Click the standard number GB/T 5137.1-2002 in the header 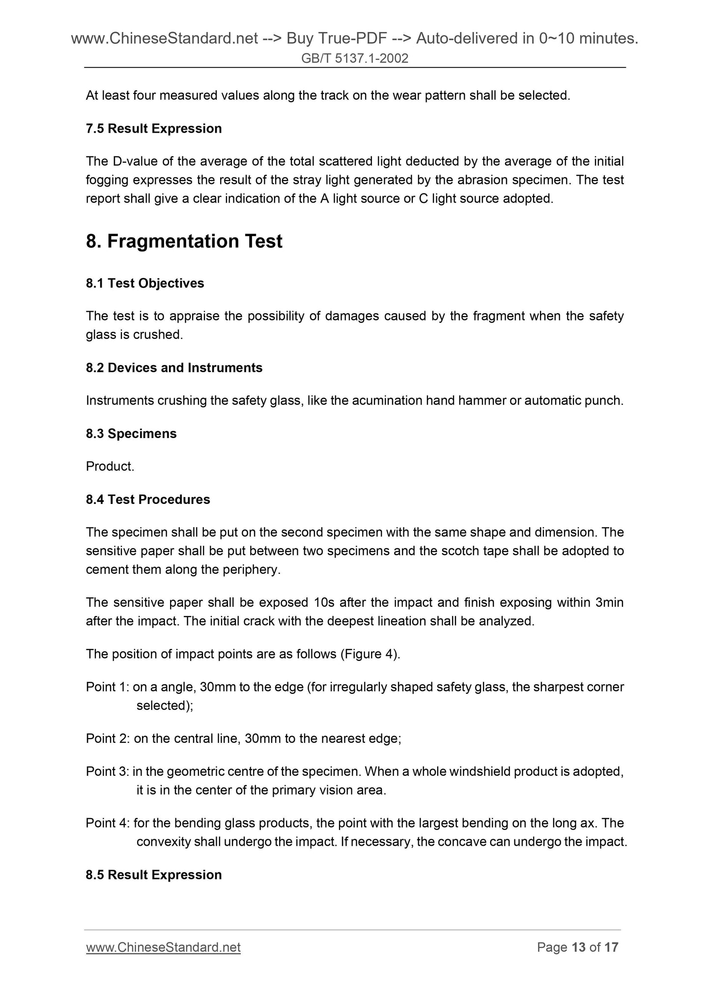355,59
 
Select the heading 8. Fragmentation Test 184,241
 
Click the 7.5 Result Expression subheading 153,129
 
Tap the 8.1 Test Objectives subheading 144,283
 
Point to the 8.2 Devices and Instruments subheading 174,368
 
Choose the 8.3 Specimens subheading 131,434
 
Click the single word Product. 110,467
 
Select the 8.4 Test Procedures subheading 147,500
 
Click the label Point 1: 107,687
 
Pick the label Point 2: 107,739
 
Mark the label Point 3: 107,771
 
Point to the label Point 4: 107,823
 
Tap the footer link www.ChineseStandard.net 163,947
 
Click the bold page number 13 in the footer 579,947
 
